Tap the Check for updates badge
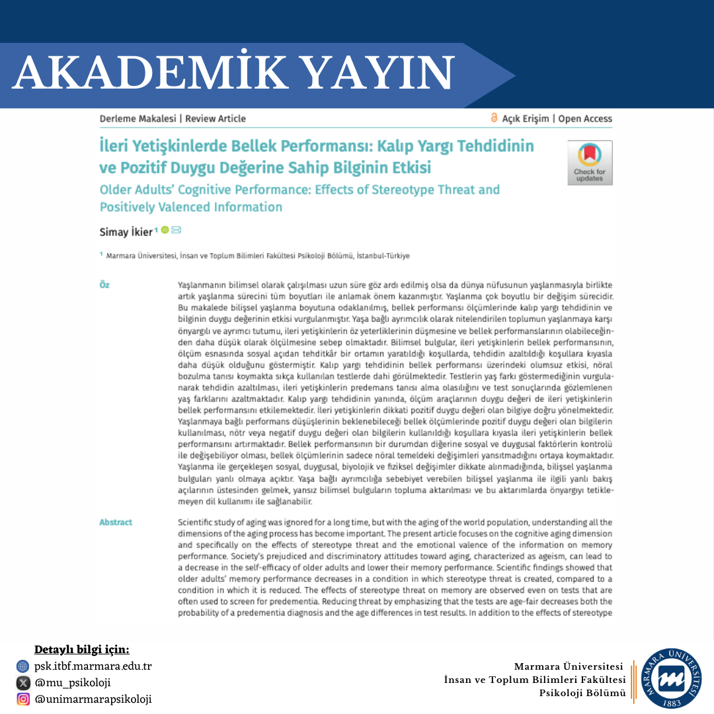click(589, 163)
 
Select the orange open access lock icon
click(494, 118)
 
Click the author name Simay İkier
click(126, 231)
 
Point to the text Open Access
click(585, 119)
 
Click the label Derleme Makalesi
click(138, 119)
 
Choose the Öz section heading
click(104, 285)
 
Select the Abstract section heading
click(116, 522)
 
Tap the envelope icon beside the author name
click(177, 230)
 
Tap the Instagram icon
click(23, 699)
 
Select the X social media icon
click(23, 683)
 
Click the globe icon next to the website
click(23, 666)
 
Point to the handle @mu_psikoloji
click(73, 683)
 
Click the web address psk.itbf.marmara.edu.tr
click(93, 666)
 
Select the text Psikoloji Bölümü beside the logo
click(582, 693)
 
